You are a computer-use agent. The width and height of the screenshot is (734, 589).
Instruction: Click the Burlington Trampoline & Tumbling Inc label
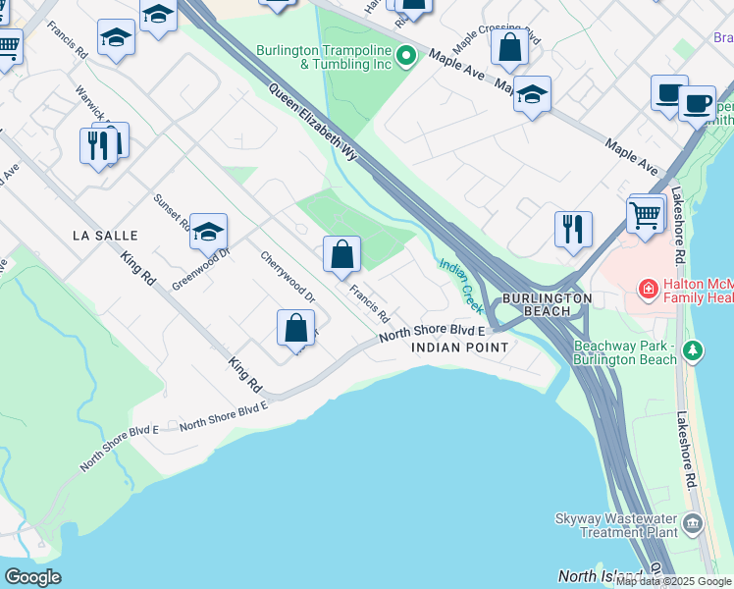(x=325, y=57)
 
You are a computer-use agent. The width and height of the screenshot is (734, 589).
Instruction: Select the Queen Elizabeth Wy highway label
(x=315, y=123)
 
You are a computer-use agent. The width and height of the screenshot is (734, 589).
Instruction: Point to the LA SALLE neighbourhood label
(x=105, y=236)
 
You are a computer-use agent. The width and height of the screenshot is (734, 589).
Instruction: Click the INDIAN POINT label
(x=459, y=348)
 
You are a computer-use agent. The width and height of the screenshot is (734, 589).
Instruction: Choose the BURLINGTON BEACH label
(x=548, y=304)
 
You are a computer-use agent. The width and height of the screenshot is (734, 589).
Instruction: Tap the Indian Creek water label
(x=461, y=280)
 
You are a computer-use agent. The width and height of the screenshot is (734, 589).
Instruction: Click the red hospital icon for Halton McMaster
(x=648, y=289)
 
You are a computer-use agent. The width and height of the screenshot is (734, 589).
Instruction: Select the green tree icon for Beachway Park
(x=694, y=350)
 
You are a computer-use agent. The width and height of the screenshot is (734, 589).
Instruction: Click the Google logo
(x=32, y=577)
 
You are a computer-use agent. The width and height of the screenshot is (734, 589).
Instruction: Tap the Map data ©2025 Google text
(x=673, y=581)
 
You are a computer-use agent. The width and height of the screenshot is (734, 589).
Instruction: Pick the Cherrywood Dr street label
(x=287, y=277)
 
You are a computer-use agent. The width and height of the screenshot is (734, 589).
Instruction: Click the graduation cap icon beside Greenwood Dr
(x=208, y=232)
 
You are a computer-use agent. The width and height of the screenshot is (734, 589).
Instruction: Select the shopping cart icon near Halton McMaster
(x=644, y=214)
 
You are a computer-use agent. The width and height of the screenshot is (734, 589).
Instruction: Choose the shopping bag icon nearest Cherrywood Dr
(x=295, y=328)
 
